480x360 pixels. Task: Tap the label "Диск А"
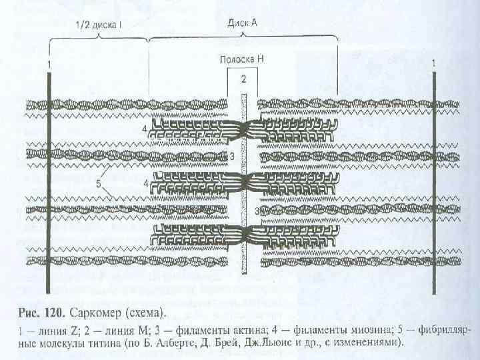pyautogui.click(x=242, y=22)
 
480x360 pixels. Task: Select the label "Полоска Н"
pyautogui.click(x=243, y=59)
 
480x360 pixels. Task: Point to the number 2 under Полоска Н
pyautogui.click(x=243, y=79)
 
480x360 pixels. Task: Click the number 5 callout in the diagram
pyautogui.click(x=98, y=185)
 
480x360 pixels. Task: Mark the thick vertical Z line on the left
pyautogui.click(x=48, y=180)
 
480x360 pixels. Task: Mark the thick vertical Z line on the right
pyautogui.click(x=434, y=180)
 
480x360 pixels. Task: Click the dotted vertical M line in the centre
pyautogui.click(x=243, y=180)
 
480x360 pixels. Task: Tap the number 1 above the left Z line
pyautogui.click(x=48, y=63)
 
